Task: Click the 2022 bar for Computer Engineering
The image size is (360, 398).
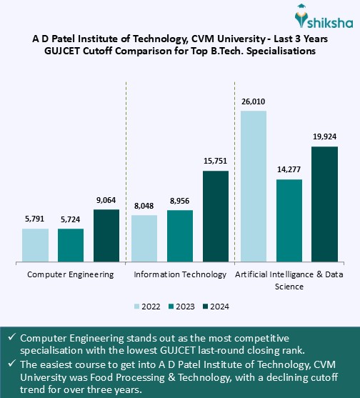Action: pos(35,245)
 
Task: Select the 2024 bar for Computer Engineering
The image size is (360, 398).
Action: pos(106,235)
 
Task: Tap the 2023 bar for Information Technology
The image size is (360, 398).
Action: pos(179,236)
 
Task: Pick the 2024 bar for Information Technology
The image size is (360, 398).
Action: pos(215,216)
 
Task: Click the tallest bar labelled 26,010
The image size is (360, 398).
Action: pos(253,186)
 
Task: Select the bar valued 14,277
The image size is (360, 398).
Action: pos(289,220)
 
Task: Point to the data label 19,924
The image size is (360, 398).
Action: pos(324,136)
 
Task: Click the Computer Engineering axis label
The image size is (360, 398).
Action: pos(70,274)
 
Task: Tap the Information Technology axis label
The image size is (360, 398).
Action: pos(180,274)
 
